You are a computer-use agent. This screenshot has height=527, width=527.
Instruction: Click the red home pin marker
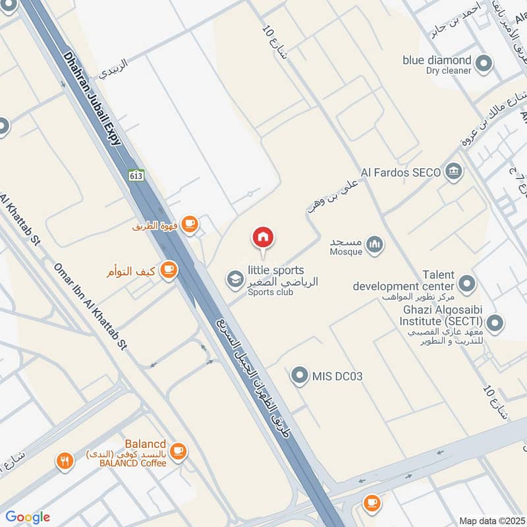tap(263, 238)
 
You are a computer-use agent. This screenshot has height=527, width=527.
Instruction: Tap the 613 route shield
tap(136, 176)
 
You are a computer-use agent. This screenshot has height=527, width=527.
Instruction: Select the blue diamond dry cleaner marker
tap(484, 65)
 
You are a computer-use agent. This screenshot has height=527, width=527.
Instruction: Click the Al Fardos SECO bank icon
tap(454, 172)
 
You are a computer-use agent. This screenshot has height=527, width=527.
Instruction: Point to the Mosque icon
tap(375, 246)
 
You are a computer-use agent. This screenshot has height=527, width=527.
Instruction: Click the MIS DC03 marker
tap(300, 376)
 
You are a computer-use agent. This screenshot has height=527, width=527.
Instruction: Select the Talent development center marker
tap(467, 284)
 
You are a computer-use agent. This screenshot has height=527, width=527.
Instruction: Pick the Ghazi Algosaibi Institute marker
tap(495, 323)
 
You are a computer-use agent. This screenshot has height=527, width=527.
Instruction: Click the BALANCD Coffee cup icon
tap(178, 451)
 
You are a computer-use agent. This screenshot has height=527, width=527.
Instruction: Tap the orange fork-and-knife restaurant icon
tap(64, 461)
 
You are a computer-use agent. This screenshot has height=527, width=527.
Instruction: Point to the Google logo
tap(28, 517)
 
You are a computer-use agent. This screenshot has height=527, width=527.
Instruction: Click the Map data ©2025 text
tap(490, 520)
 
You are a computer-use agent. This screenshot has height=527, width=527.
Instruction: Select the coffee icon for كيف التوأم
tap(169, 269)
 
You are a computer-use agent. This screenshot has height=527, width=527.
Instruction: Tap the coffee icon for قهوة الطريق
tap(190, 225)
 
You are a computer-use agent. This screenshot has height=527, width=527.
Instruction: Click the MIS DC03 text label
tap(338, 376)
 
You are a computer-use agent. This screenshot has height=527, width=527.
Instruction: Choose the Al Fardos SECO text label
tap(401, 173)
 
